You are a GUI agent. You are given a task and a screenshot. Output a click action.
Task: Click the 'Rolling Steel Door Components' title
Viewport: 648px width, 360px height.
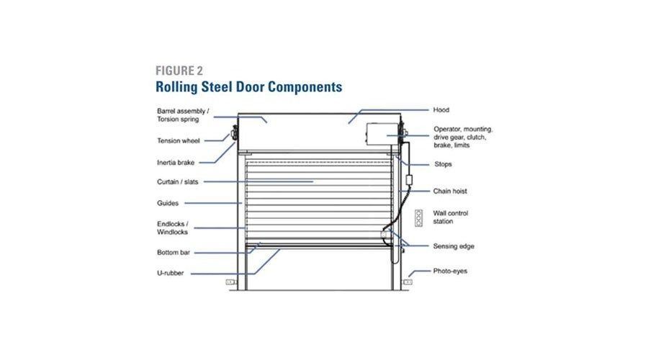tap(248, 86)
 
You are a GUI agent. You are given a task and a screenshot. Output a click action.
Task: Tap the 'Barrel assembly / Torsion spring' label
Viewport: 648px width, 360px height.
tap(183, 116)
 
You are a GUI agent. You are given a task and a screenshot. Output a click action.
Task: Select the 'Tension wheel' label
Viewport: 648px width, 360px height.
tap(178, 140)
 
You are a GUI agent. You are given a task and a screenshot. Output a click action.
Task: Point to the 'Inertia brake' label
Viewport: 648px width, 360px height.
tap(176, 162)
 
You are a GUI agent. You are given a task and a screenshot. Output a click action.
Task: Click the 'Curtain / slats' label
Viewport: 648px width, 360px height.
tap(179, 181)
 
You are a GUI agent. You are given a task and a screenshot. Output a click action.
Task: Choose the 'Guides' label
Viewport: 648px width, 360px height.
tap(168, 203)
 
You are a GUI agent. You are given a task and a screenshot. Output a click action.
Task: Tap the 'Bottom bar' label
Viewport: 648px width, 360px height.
tap(173, 252)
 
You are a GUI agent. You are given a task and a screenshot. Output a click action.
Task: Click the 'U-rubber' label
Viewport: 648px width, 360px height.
tap(170, 274)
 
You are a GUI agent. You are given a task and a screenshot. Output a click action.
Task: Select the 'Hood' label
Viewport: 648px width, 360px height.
tap(441, 110)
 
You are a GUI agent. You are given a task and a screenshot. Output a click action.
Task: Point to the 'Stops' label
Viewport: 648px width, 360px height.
tap(442, 164)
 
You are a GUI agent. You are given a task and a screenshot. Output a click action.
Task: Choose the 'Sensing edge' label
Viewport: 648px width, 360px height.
tap(454, 246)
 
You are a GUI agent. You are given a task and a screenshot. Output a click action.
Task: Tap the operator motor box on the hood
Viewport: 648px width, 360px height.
tap(385, 135)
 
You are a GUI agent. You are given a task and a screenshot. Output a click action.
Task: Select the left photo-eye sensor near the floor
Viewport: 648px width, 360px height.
tap(231, 282)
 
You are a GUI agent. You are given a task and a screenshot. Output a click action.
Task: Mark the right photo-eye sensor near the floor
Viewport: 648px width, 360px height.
tap(408, 282)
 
